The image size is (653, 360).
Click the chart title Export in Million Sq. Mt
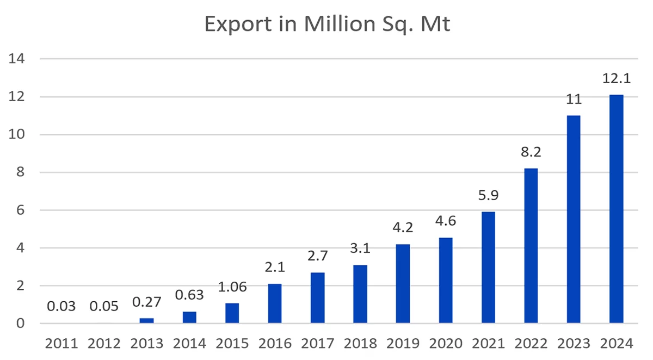click(326, 24)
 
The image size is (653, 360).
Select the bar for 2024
click(616, 209)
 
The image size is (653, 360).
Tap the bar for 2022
click(531, 246)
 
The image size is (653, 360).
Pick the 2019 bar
click(403, 284)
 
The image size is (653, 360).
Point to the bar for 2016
click(275, 303)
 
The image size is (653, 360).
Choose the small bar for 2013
click(146, 321)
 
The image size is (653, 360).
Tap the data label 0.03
click(61, 307)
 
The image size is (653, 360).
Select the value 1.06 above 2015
click(232, 287)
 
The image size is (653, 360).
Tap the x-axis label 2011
click(61, 344)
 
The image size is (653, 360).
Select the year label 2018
click(360, 344)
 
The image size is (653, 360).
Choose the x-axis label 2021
click(488, 344)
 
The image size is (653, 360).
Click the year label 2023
click(574, 344)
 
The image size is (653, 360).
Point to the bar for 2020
click(445, 281)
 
